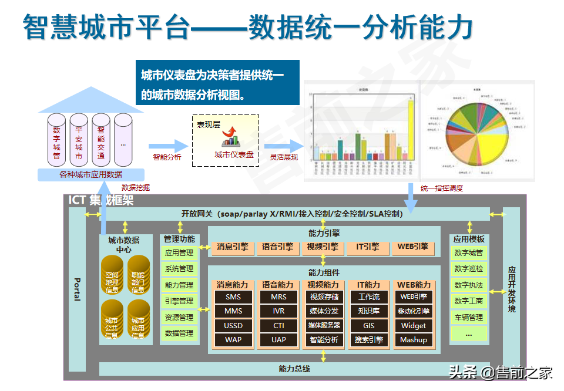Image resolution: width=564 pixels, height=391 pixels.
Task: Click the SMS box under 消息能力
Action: click(x=233, y=297)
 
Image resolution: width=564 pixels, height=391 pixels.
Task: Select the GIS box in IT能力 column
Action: click(x=369, y=325)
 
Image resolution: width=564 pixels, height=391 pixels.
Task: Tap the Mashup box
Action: click(x=414, y=339)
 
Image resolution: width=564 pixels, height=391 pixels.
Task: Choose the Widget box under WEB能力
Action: click(x=414, y=325)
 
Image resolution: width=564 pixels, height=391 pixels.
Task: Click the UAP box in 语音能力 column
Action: click(x=278, y=339)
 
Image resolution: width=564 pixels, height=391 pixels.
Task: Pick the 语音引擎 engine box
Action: click(x=278, y=247)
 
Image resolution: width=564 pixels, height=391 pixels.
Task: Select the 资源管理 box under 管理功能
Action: click(x=179, y=317)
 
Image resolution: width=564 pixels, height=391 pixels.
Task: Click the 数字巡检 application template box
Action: click(x=468, y=269)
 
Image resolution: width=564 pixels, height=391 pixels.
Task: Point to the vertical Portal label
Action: click(x=77, y=289)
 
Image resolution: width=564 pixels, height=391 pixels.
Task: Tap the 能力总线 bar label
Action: click(x=294, y=369)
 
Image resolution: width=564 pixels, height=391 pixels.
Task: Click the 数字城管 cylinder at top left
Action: click(x=56, y=141)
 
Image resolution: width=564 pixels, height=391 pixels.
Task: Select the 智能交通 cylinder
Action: click(x=101, y=141)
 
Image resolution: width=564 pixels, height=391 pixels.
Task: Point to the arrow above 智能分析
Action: click(x=167, y=146)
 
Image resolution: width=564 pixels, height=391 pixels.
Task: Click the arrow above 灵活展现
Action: click(x=283, y=146)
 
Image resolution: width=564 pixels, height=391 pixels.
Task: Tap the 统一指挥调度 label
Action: click(x=442, y=188)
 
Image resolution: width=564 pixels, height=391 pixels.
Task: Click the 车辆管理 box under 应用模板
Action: click(x=468, y=318)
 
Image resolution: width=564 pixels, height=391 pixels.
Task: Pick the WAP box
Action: click(x=233, y=339)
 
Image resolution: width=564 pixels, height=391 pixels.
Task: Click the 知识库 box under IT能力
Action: click(x=369, y=311)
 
